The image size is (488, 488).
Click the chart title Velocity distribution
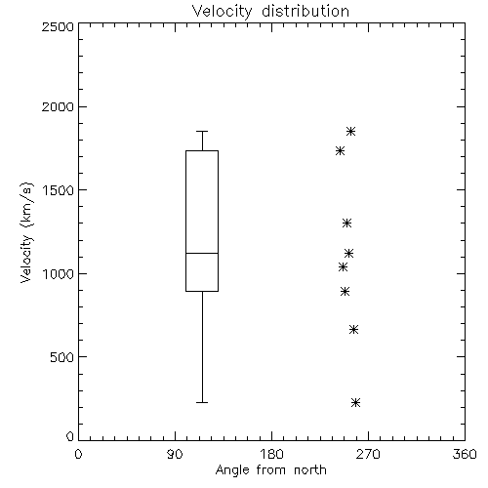[270, 12]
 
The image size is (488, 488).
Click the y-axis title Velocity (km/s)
[26, 232]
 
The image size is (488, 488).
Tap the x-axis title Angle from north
[270, 470]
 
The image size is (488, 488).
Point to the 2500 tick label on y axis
[58, 26]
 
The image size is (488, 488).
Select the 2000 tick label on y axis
[58, 106]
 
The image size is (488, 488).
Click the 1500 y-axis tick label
[59, 190]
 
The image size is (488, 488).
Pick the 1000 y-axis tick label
[59, 273]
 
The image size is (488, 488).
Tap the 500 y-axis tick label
[62, 357]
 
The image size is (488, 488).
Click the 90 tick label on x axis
[176, 454]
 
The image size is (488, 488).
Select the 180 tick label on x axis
[271, 454]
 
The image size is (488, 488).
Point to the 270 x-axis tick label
[368, 454]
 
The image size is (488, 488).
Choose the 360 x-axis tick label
[465, 454]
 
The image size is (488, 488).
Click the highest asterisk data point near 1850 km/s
[350, 132]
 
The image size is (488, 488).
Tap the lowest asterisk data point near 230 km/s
[356, 403]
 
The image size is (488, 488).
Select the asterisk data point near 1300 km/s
[347, 224]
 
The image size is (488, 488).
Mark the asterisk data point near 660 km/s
[354, 330]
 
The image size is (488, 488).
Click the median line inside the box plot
[202, 253]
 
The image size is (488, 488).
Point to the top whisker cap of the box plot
[202, 132]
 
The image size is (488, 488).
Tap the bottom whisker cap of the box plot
[202, 403]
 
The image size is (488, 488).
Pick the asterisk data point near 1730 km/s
[341, 151]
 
